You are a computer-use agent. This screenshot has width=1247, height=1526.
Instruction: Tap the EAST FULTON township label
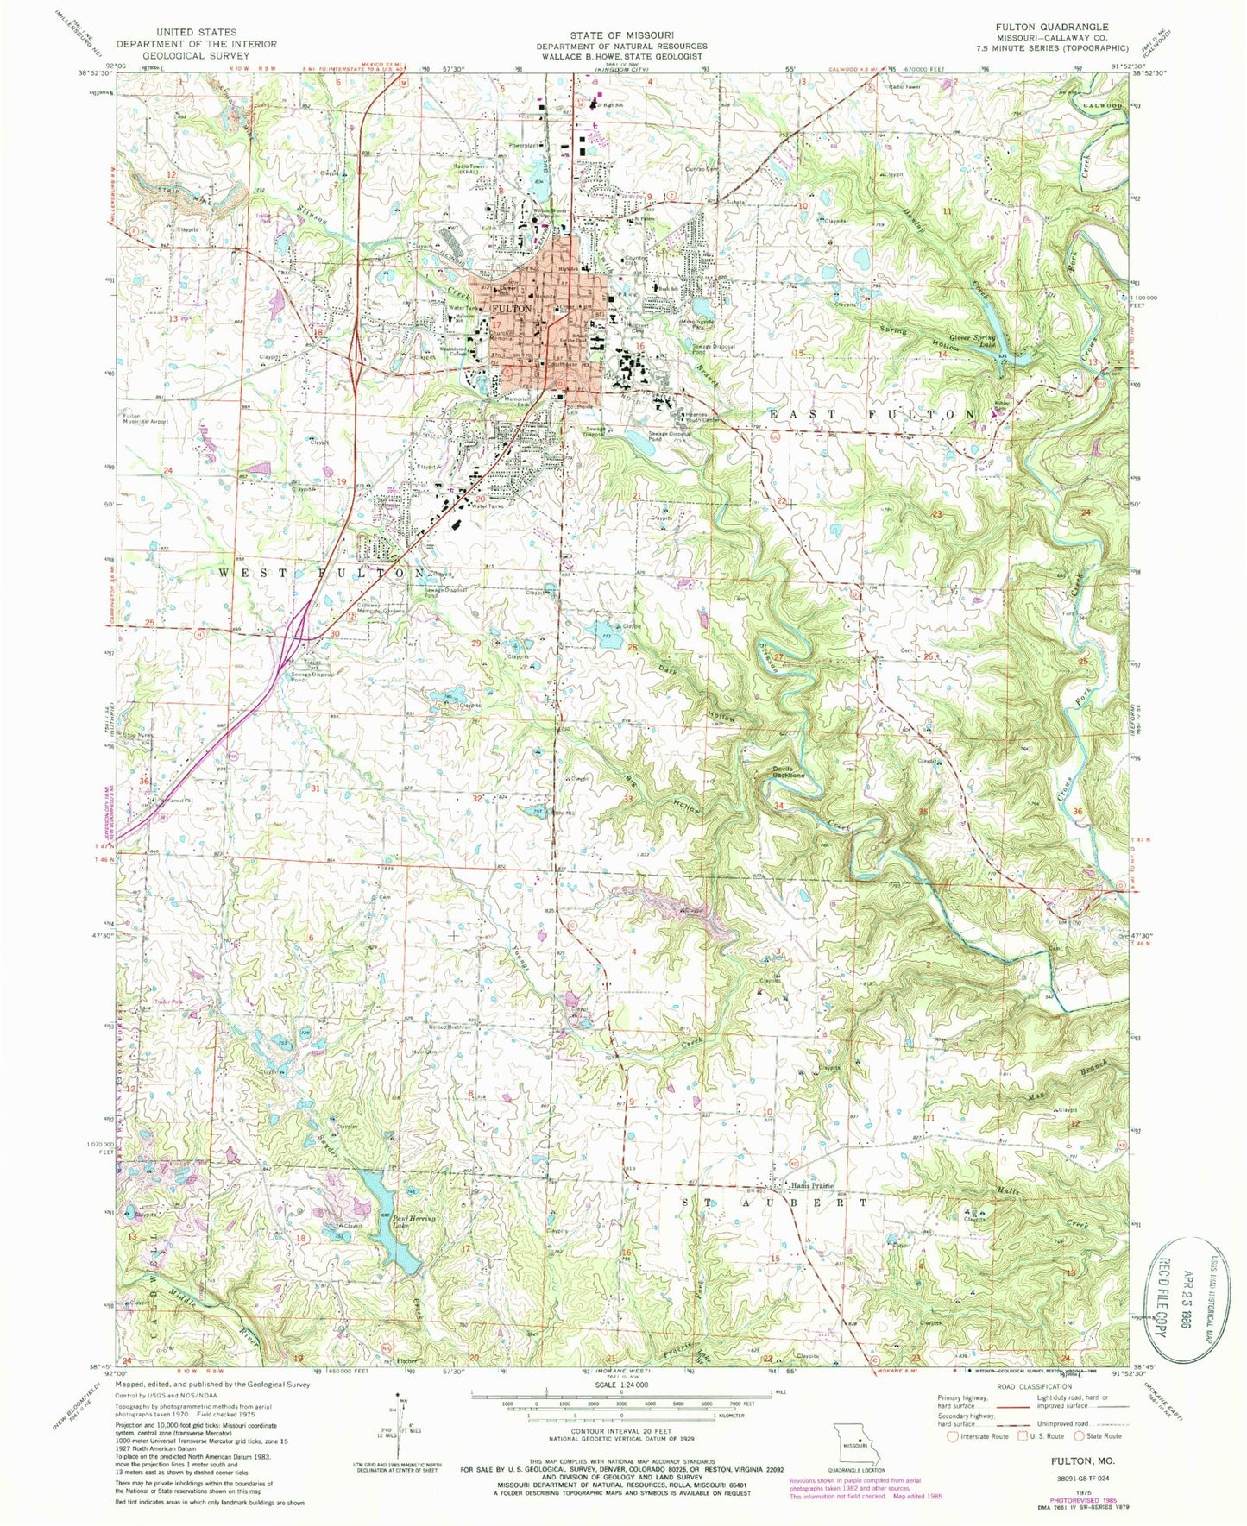tap(872, 414)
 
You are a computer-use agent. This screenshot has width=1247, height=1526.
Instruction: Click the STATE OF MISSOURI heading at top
tap(621, 35)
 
